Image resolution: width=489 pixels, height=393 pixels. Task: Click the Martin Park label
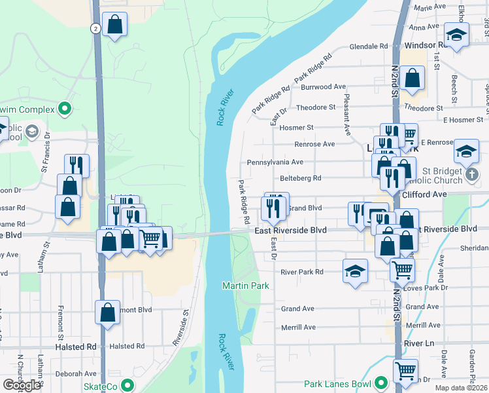point(245,286)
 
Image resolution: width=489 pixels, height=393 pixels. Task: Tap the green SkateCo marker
point(127,385)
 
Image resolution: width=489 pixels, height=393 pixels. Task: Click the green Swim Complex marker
point(65,108)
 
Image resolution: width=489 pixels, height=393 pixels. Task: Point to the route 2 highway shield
point(95,28)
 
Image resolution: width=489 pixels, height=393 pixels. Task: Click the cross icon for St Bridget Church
point(471,175)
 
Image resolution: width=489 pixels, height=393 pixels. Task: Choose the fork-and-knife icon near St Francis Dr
point(76,165)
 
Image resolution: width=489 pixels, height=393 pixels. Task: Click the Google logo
point(21,385)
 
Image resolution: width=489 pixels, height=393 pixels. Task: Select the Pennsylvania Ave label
point(275,162)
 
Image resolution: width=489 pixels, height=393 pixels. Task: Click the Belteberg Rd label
point(301,178)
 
